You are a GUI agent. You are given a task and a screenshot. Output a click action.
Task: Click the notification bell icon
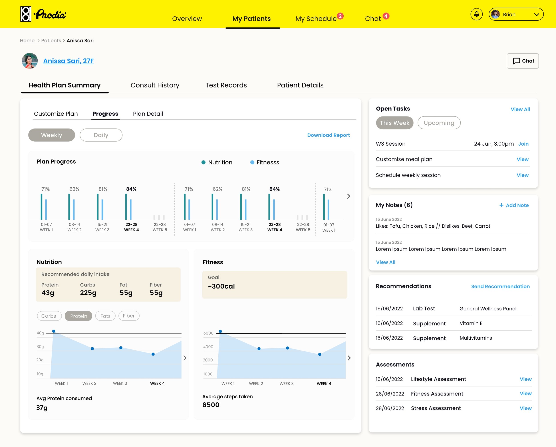point(476,14)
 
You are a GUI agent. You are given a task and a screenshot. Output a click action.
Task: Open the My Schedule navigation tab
point(316,19)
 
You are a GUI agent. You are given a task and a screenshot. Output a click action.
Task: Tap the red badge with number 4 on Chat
point(386,16)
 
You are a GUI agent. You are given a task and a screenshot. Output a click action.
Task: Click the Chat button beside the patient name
point(522,61)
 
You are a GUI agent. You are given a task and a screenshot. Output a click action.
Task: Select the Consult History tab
point(155,85)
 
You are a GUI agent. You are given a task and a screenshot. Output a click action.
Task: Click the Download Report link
point(328,135)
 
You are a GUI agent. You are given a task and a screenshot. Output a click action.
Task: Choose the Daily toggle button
point(101,135)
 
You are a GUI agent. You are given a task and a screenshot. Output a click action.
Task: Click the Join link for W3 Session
point(523,144)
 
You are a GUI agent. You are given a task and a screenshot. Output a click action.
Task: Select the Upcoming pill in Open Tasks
point(439,123)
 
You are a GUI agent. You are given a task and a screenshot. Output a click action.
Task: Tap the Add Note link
point(514,205)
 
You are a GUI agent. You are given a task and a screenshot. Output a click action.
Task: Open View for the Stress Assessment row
point(525,408)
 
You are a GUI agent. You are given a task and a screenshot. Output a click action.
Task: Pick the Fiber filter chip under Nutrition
point(129,316)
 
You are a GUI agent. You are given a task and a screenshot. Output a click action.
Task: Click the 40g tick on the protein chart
point(40,333)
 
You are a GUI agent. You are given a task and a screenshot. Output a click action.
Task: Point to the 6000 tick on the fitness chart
point(208,333)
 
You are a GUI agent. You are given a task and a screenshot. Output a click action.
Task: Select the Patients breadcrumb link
point(51,40)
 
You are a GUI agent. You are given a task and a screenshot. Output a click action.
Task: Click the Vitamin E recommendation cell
point(471,323)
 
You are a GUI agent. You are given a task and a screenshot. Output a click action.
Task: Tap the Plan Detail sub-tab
point(148,114)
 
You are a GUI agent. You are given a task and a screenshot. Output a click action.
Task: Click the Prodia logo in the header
point(43,14)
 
